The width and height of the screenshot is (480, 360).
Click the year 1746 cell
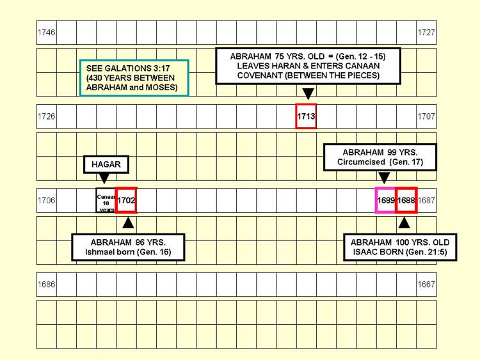coord(46,32)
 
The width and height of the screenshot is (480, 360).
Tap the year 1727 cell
coord(426,32)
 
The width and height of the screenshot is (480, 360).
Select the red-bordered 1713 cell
coord(306,116)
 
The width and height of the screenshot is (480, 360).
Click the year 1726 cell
coord(46,116)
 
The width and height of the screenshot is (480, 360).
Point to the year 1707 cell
coord(426,116)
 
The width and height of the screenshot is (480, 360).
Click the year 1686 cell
coord(46,283)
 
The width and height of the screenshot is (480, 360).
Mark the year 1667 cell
coord(426,283)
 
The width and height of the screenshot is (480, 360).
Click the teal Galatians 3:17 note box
coord(134,77)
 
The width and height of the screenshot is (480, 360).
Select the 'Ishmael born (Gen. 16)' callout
coord(129,247)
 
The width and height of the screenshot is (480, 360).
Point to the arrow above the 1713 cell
coord(308,94)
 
